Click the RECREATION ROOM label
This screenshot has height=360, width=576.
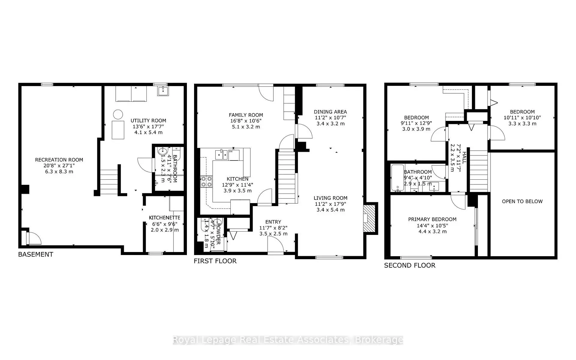59,160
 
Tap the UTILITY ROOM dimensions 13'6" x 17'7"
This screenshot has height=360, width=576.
148,127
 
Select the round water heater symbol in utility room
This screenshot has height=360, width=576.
118,114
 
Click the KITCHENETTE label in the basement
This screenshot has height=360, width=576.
164,218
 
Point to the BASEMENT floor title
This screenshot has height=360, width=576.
36,254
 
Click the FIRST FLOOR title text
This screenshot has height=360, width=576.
215,261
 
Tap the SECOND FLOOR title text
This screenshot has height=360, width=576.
409,265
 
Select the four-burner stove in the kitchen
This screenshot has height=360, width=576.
206,181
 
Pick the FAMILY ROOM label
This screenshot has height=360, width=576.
246,115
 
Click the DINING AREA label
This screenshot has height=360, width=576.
330,112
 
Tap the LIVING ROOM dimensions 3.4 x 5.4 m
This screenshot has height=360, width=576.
330,210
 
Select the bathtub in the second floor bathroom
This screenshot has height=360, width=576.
397,178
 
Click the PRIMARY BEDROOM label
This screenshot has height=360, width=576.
432,219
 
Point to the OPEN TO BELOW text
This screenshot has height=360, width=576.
522,201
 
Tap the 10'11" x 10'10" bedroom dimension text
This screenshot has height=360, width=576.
522,118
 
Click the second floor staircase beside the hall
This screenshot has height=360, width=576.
478,170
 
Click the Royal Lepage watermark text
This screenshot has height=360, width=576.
288,340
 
